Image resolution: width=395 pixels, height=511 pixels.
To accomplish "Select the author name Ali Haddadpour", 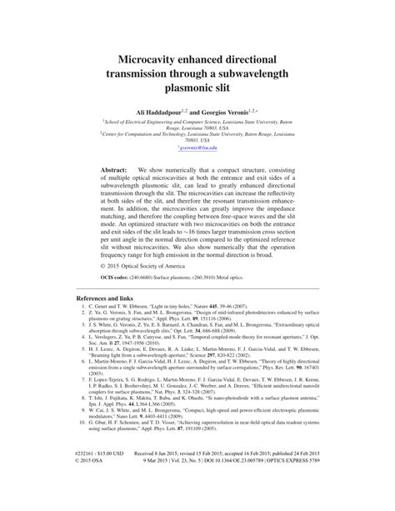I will tap(155, 109).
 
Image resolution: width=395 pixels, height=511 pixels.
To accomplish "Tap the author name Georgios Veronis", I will tap(234, 109).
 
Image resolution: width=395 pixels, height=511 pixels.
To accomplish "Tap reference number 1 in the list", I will tap(83, 331).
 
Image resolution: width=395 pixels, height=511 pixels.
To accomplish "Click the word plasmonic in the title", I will tap(197, 87).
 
